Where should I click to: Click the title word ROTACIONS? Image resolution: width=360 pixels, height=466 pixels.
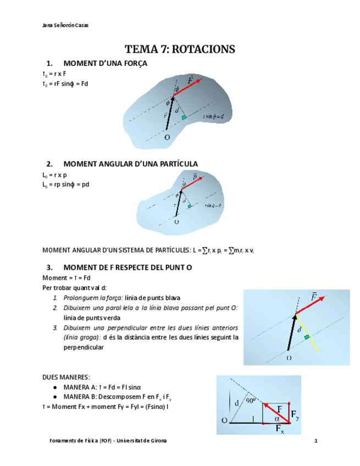click(204, 49)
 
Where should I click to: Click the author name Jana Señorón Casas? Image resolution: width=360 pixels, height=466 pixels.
click(64, 25)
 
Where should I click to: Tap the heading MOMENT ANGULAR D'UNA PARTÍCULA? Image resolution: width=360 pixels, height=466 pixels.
click(130, 164)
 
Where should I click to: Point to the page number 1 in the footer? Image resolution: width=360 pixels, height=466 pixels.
click(316, 441)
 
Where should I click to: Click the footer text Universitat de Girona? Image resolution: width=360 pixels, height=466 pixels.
click(141, 441)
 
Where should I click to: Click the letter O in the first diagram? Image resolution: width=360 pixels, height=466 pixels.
click(167, 138)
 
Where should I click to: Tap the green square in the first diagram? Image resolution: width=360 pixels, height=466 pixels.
click(185, 117)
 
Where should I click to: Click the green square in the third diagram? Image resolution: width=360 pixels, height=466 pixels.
click(307, 336)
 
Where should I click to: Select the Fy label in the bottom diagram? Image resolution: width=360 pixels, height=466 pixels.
click(295, 415)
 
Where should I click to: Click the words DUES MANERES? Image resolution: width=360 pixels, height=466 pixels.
click(67, 377)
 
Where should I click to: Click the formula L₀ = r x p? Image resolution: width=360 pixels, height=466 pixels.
click(54, 175)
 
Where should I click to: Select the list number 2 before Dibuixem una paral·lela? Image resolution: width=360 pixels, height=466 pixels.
click(56, 308)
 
